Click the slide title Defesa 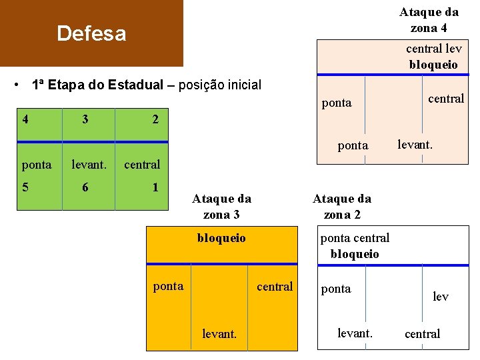click(x=91, y=33)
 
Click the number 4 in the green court click(x=25, y=120)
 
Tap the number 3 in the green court click(x=85, y=120)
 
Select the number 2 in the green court click(x=155, y=120)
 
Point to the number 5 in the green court click(x=25, y=187)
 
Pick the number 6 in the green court click(x=85, y=187)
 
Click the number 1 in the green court click(x=155, y=187)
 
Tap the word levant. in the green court click(x=89, y=164)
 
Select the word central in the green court click(x=142, y=164)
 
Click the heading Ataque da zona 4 click(x=429, y=20)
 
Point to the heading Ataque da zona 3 click(x=221, y=206)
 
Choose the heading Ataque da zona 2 click(x=342, y=206)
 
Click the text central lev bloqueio click(x=433, y=57)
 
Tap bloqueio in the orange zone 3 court click(x=221, y=238)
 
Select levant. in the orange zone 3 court click(x=219, y=333)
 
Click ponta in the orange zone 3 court click(x=168, y=286)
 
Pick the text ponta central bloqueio click(x=355, y=246)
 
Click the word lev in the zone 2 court click(x=441, y=297)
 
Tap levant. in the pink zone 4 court click(x=415, y=143)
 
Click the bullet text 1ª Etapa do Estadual click(x=97, y=85)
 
